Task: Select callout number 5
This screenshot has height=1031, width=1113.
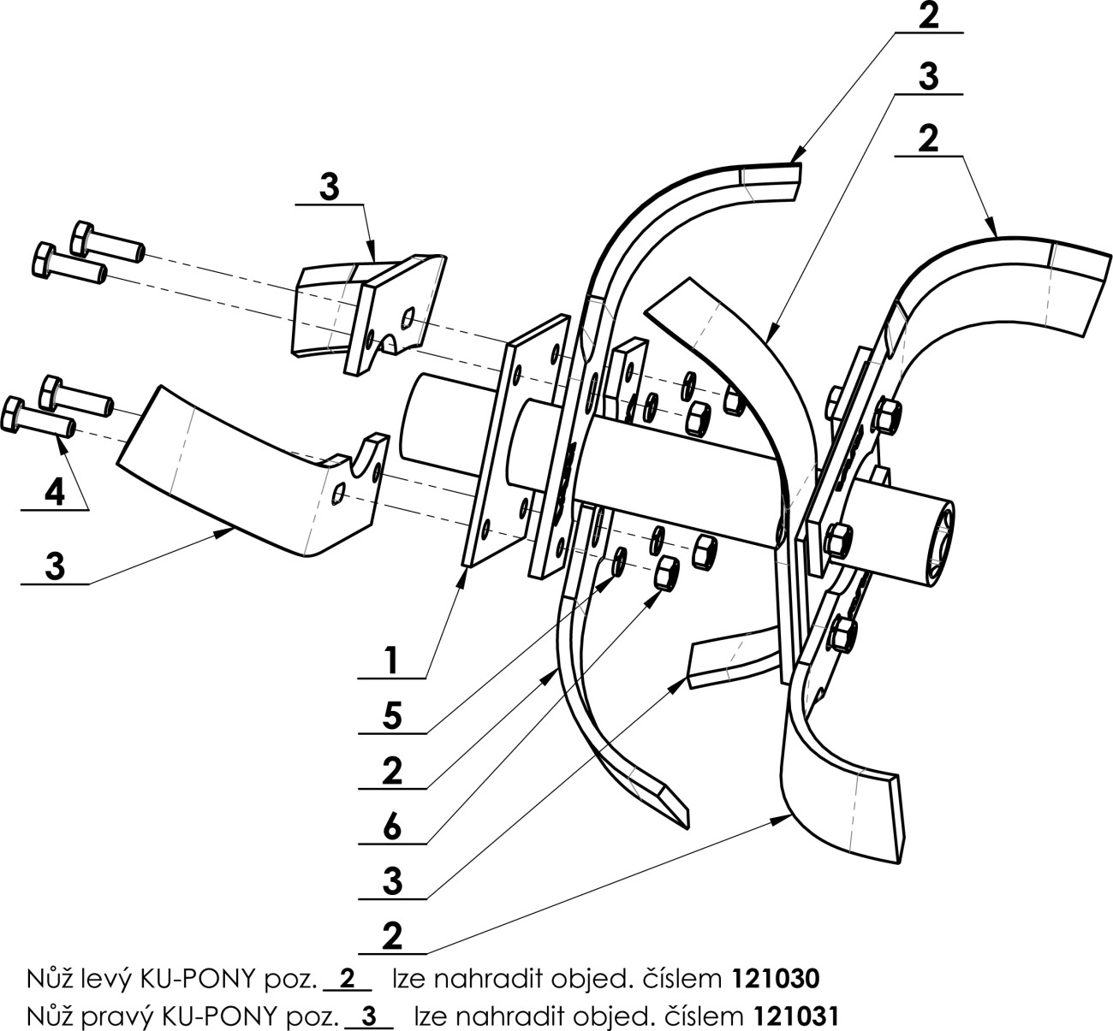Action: [x=392, y=715]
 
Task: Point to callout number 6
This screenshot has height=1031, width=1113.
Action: [x=392, y=826]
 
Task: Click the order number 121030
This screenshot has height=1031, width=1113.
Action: [x=776, y=979]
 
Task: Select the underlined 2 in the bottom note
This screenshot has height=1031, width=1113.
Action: [x=348, y=979]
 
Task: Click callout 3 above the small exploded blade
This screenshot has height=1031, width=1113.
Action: [x=329, y=187]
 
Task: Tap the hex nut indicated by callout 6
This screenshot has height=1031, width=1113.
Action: [x=666, y=572]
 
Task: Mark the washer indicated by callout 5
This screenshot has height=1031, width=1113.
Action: [x=621, y=561]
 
